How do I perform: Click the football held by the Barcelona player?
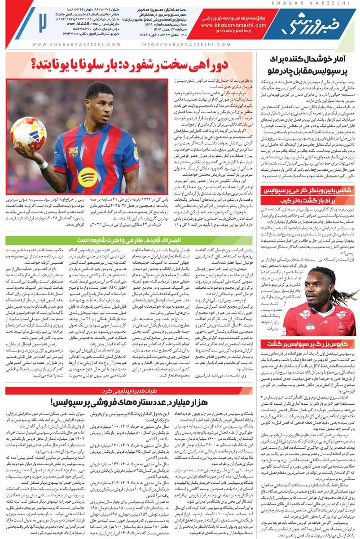(27, 133)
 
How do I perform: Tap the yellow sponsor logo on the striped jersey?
(88, 178)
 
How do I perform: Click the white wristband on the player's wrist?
(43, 165)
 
